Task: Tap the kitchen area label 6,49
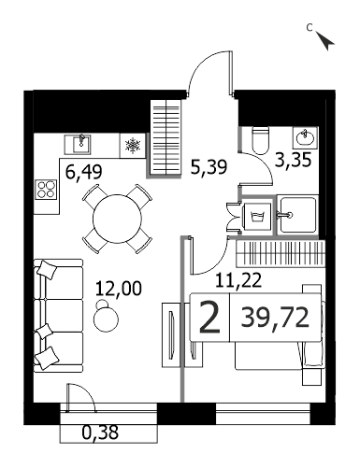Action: pyautogui.click(x=84, y=171)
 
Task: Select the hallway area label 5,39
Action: pyautogui.click(x=209, y=167)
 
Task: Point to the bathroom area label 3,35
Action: pyautogui.click(x=293, y=160)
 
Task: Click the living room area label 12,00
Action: pyautogui.click(x=119, y=288)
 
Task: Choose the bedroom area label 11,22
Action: pyautogui.click(x=238, y=280)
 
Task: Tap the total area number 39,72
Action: pyautogui.click(x=275, y=318)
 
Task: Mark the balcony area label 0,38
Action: pyautogui.click(x=100, y=433)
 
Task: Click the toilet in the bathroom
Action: pyautogui.click(x=260, y=141)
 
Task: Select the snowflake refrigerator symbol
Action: pyautogui.click(x=133, y=146)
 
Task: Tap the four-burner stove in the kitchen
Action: pyautogui.click(x=47, y=190)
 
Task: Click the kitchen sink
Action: pyautogui.click(x=78, y=145)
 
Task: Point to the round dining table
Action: pyautogui.click(x=117, y=219)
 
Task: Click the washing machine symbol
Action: pyautogui.click(x=257, y=216)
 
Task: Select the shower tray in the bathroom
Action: pyautogui.click(x=297, y=215)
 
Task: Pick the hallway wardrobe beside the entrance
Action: pyautogui.click(x=166, y=137)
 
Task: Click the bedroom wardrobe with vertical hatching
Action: pyautogui.click(x=281, y=253)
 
